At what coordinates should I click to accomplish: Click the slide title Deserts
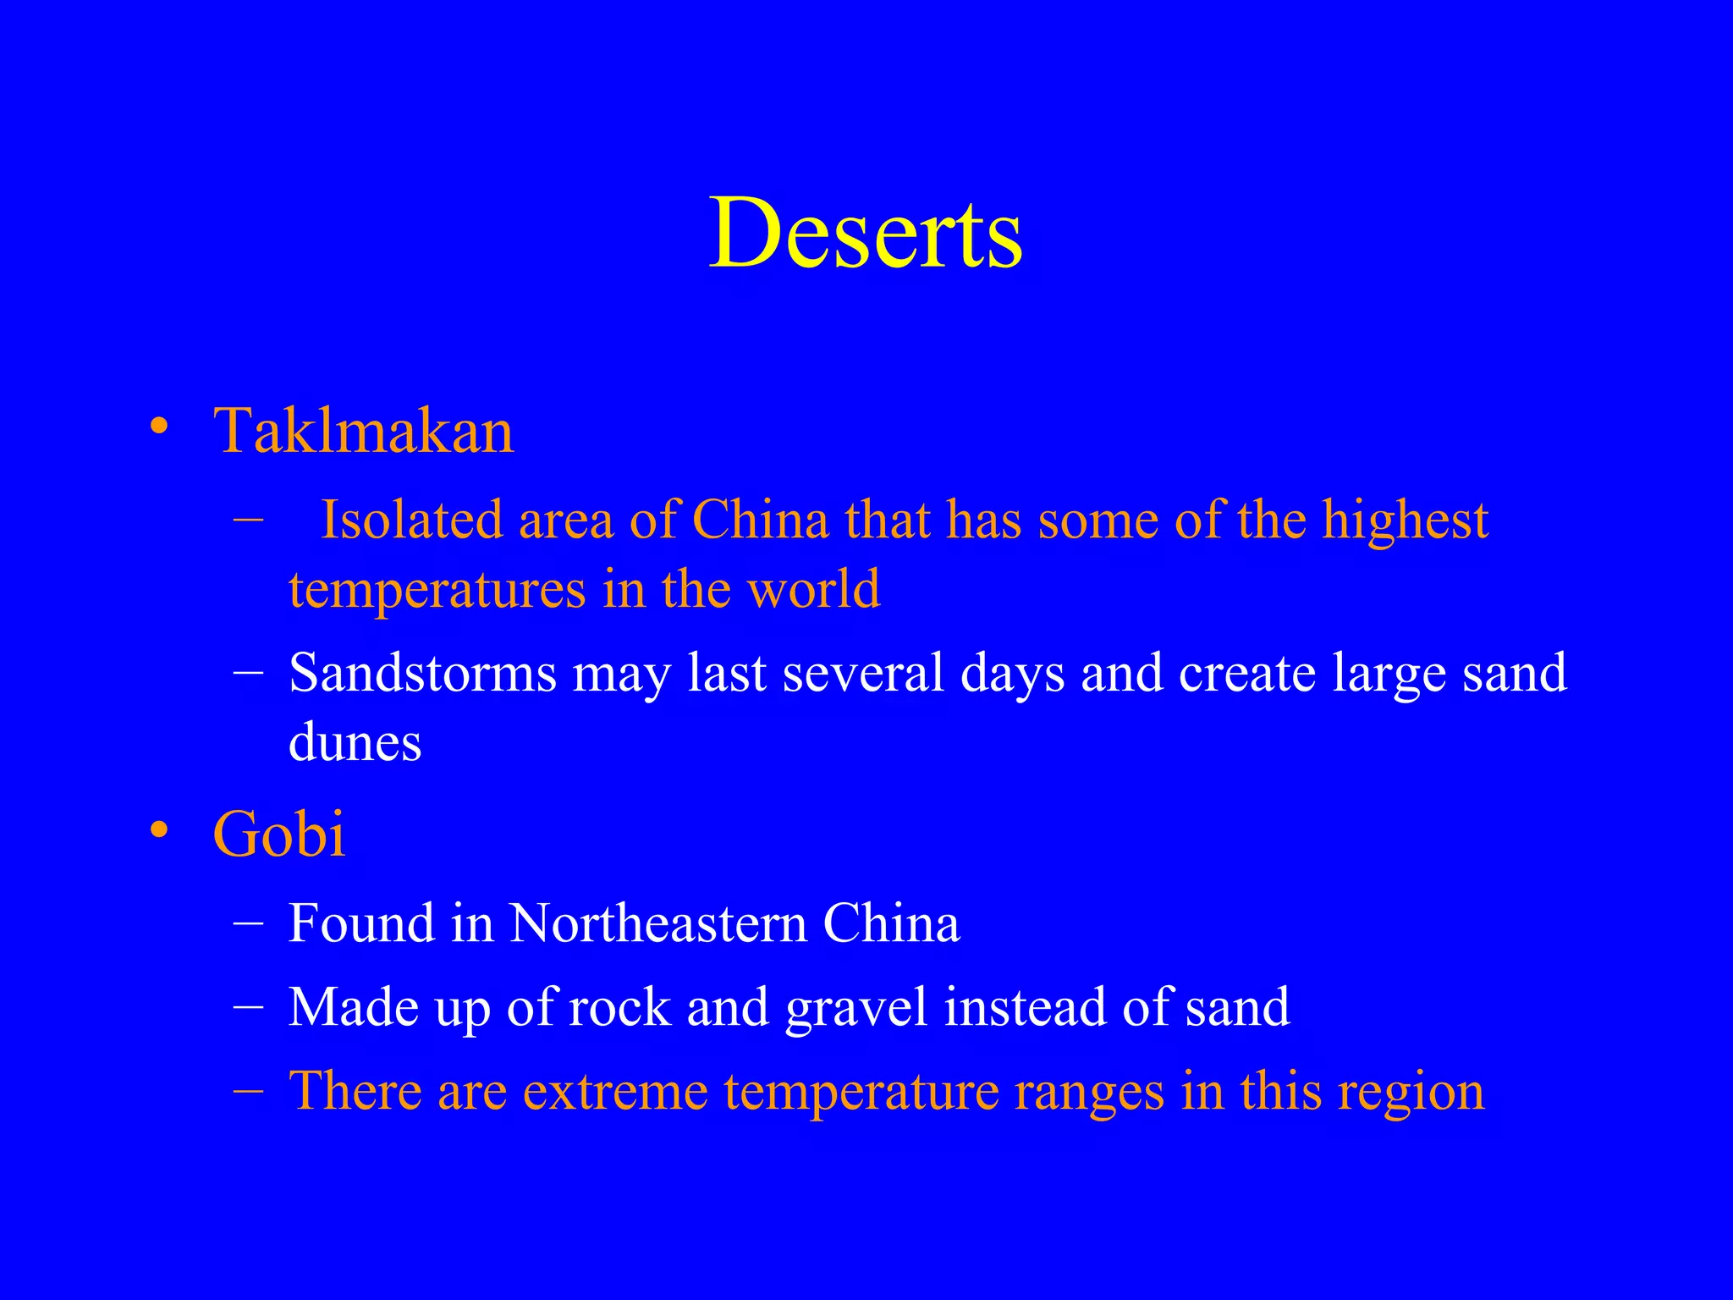(866, 233)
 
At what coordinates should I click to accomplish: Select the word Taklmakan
(364, 431)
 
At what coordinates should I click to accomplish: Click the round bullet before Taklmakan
(158, 426)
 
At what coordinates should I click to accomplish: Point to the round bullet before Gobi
(158, 829)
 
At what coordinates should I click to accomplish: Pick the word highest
(1405, 521)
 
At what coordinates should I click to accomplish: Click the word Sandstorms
(422, 673)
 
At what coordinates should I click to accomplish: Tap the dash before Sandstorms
(248, 672)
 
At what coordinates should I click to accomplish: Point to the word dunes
(355, 742)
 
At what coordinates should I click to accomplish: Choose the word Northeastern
(657, 923)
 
